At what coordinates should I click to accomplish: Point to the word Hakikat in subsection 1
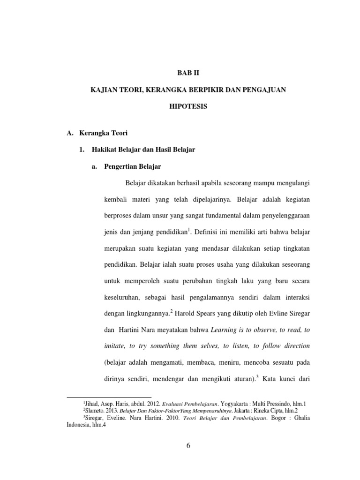pyautogui.click(x=101, y=150)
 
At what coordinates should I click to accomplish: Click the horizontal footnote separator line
pyautogui.click(x=109, y=397)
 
